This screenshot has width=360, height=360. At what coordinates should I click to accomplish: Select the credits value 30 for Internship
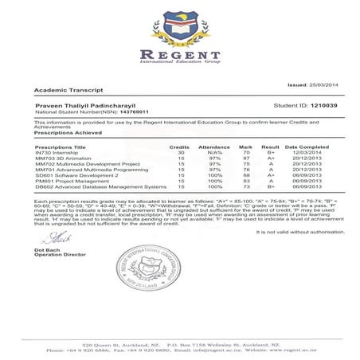179,154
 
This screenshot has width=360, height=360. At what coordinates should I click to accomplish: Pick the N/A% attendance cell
213,154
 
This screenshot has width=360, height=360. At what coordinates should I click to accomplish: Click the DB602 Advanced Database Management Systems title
89,186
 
